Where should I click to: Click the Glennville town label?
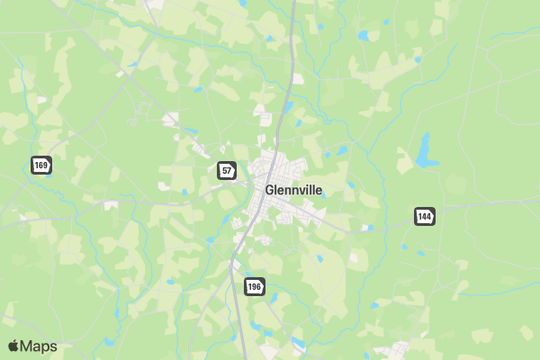pyautogui.click(x=293, y=190)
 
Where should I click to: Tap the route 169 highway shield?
pyautogui.click(x=41, y=165)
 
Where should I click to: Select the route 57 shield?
pyautogui.click(x=227, y=169)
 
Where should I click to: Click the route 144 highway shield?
pyautogui.click(x=425, y=216)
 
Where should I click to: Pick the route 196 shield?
pyautogui.click(x=254, y=286)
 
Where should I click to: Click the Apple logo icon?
pyautogui.click(x=13, y=346)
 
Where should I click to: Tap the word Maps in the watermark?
pyautogui.click(x=39, y=346)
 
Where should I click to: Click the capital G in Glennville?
pyautogui.click(x=270, y=190)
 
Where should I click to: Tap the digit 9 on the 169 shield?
pyautogui.click(x=46, y=165)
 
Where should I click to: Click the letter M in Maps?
pyautogui.click(x=26, y=346)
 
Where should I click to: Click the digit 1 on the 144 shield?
pyautogui.click(x=419, y=216)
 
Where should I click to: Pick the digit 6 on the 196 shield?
pyautogui.click(x=258, y=286)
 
